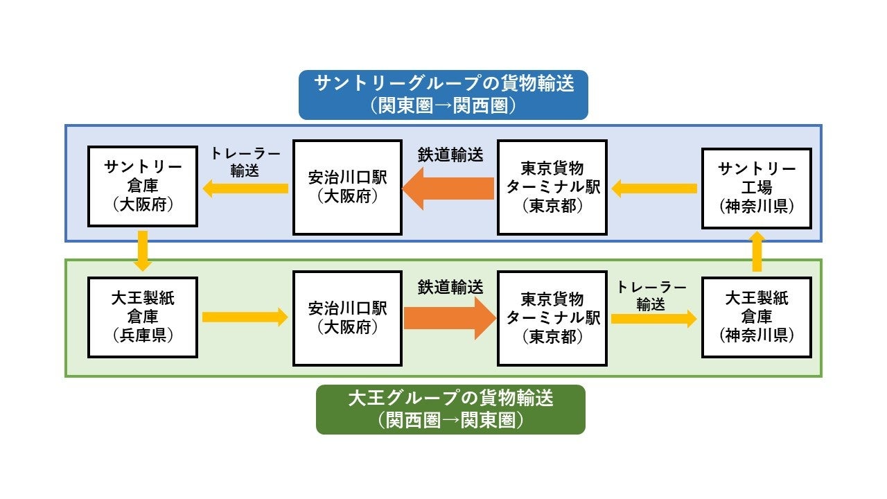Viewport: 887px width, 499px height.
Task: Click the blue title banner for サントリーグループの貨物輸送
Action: point(443,94)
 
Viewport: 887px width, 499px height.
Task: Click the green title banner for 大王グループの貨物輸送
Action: point(450,410)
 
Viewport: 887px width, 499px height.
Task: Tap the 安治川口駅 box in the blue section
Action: point(347,187)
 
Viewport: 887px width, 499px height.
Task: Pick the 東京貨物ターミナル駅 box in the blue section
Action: point(552,187)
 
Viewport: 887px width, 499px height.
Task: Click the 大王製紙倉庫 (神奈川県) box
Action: point(756,317)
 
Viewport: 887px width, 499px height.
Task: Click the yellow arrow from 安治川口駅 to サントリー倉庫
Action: point(245,188)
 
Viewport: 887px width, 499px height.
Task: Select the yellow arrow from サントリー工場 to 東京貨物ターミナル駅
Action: point(654,188)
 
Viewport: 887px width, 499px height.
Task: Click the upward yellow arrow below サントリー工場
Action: point(757,251)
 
